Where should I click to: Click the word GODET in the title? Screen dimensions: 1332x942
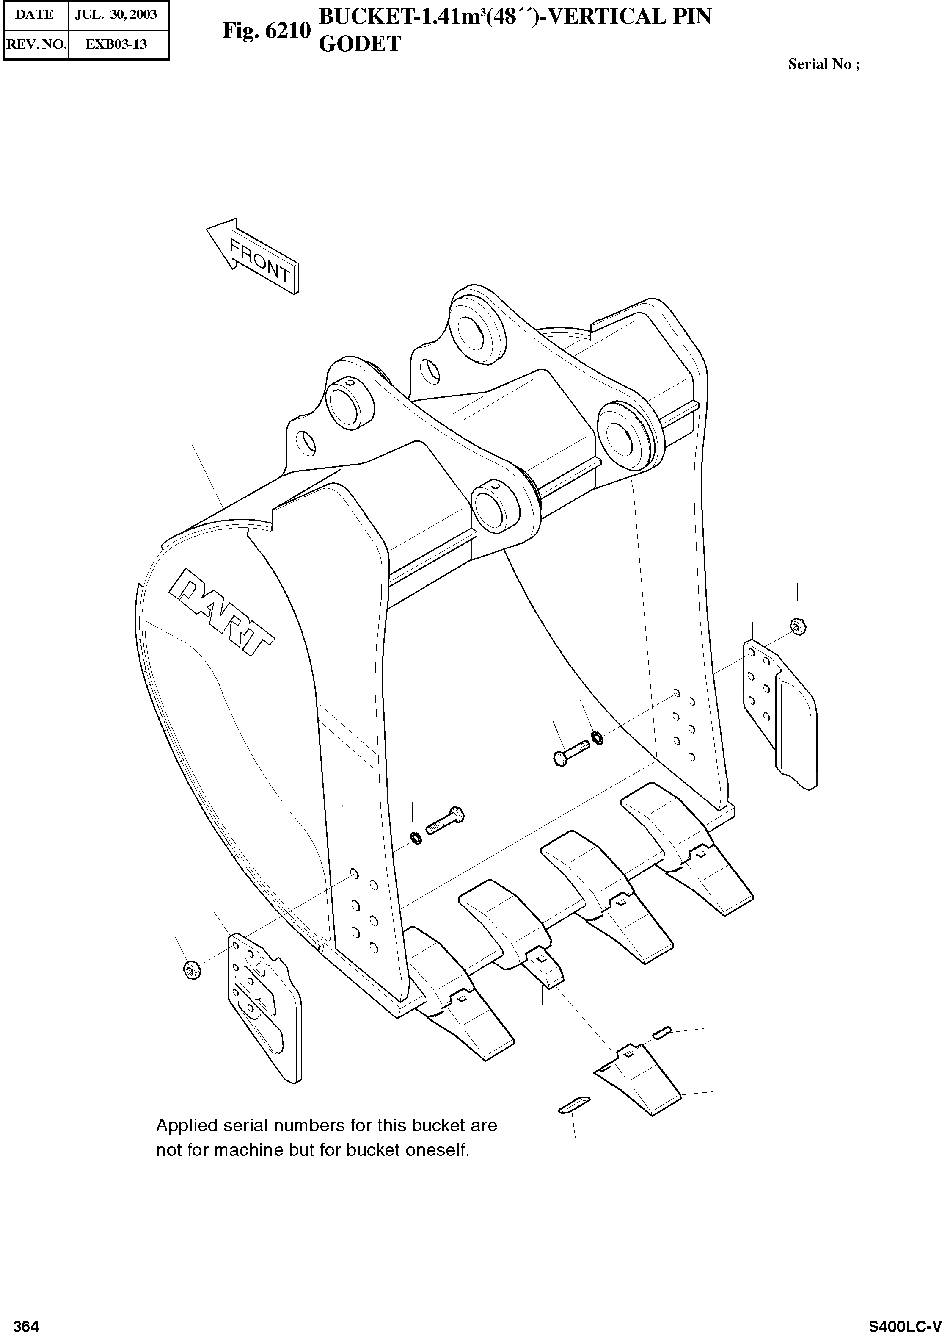coord(360,44)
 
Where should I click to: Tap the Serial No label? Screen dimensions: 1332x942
coord(824,64)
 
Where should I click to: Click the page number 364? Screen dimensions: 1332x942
coord(26,1321)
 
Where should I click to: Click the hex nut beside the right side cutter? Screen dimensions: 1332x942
coord(798,626)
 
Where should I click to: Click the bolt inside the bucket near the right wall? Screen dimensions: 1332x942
coord(571,756)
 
